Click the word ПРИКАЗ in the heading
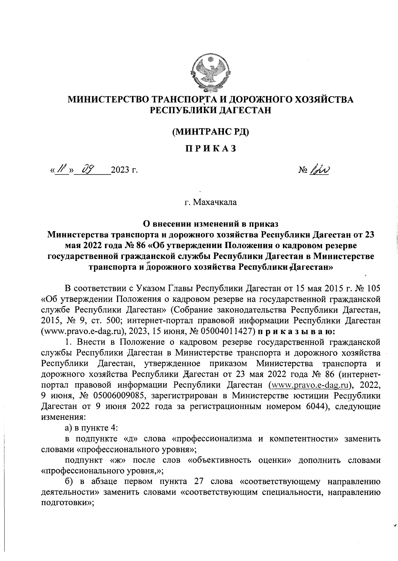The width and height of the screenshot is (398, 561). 210,149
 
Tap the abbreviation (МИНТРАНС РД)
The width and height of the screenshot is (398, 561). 210,132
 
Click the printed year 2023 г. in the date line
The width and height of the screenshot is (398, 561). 124,171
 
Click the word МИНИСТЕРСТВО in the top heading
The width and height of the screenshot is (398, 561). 108,99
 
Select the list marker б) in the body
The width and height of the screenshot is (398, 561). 69,481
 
